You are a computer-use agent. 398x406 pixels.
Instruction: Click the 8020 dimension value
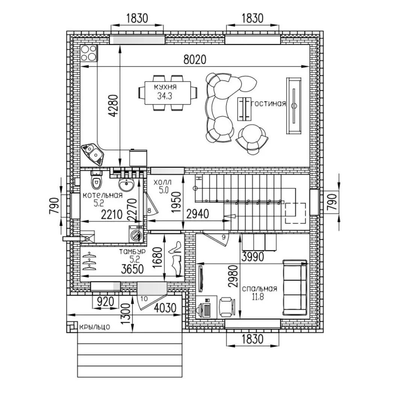[195, 59]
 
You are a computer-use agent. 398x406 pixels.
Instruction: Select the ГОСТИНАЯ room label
[269, 104]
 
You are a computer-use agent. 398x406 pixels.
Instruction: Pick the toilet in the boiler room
[96, 180]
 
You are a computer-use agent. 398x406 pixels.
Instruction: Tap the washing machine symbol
[135, 234]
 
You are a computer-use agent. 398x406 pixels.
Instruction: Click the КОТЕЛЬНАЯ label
[103, 195]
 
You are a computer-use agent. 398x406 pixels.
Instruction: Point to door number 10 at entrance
[145, 298]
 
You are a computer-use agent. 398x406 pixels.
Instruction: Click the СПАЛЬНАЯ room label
[259, 289]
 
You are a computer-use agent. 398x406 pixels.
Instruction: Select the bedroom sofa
[295, 288]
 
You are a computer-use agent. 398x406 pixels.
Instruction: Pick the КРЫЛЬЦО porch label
[94, 327]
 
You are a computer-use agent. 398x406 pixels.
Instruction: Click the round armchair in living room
[251, 137]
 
